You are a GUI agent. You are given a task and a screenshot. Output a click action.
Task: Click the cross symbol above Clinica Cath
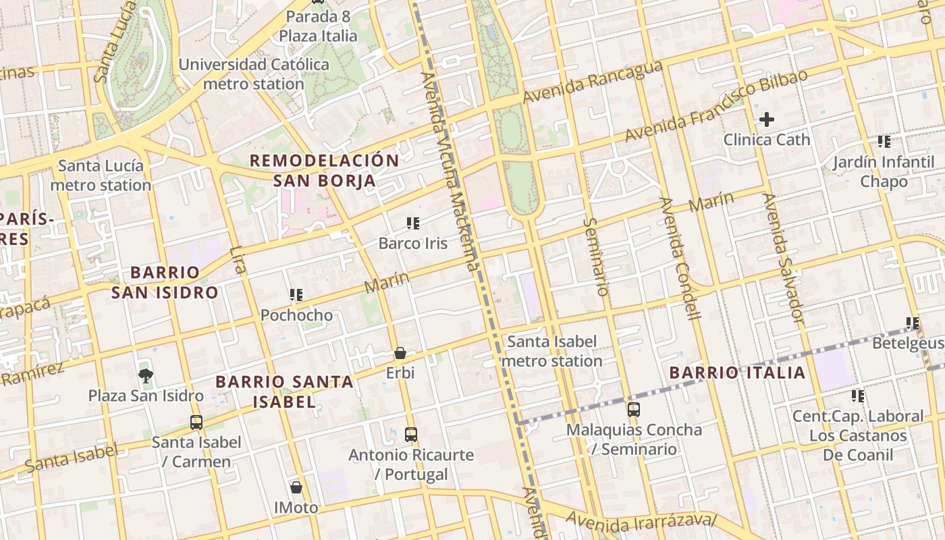(766, 120)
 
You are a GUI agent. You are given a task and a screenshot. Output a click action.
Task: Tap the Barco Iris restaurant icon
(413, 223)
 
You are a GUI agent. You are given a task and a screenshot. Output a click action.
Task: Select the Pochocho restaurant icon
(296, 295)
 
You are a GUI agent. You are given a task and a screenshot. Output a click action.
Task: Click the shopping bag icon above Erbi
(400, 353)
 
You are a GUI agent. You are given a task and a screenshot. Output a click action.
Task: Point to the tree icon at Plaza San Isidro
(145, 375)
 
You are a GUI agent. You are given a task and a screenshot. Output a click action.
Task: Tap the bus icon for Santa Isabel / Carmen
(196, 423)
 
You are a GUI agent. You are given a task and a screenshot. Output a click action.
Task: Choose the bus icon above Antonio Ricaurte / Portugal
(410, 435)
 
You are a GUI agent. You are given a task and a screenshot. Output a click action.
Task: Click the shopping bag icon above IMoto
(296, 487)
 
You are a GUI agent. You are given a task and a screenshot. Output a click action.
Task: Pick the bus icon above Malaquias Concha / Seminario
(633, 410)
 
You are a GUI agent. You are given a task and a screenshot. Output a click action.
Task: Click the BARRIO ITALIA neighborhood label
(738, 373)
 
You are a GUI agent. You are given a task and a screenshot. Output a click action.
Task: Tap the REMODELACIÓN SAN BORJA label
(325, 171)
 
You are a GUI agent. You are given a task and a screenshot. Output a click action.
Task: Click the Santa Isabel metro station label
(552, 351)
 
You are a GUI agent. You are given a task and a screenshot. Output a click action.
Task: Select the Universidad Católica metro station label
(254, 74)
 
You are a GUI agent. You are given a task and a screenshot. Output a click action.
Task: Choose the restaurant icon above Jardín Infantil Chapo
(884, 142)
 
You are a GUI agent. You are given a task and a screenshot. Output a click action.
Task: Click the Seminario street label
(595, 256)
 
